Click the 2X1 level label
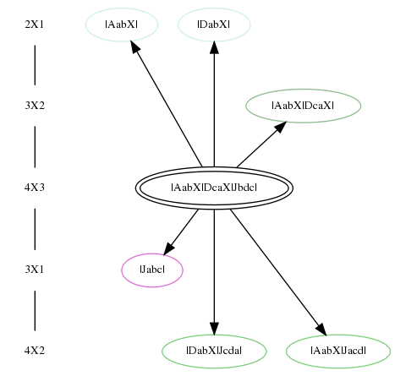[35, 25]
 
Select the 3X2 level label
[35, 106]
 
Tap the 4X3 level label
[35, 188]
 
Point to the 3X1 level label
[35, 270]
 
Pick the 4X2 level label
[35, 351]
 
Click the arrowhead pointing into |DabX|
[214, 47]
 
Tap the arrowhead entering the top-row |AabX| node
[135, 46]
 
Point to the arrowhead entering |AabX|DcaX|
[281, 127]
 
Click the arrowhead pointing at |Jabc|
[168, 248]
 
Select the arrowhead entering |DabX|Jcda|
[214, 329]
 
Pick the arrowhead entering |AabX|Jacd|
[321, 330]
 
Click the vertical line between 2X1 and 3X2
[35, 65]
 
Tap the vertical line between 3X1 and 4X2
[35, 310]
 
